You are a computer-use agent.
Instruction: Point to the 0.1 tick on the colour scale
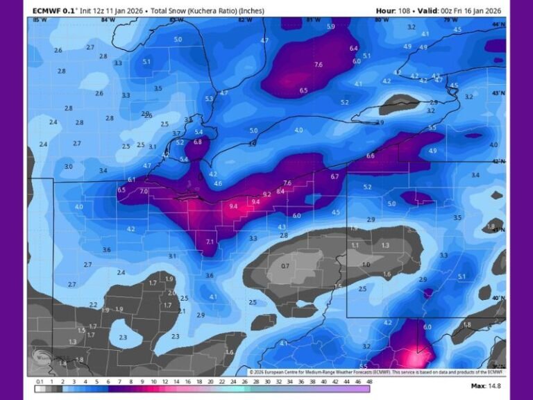pos(40,381)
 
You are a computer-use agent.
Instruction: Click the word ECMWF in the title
pos(46,10)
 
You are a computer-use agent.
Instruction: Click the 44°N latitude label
pos(499,24)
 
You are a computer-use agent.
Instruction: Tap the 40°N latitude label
pos(499,298)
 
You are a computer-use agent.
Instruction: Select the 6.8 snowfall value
pos(198,142)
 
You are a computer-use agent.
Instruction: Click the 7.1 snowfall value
pos(210,242)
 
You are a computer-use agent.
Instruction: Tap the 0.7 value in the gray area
pos(285,266)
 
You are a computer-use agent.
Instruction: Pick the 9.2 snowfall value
pos(267,194)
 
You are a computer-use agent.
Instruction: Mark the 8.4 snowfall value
pos(280,191)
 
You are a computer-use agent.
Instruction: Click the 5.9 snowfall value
pos(330,26)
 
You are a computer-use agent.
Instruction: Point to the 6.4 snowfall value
pos(353,48)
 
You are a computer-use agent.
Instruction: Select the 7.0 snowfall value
pos(144,191)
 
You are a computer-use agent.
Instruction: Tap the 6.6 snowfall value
pos(370,156)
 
